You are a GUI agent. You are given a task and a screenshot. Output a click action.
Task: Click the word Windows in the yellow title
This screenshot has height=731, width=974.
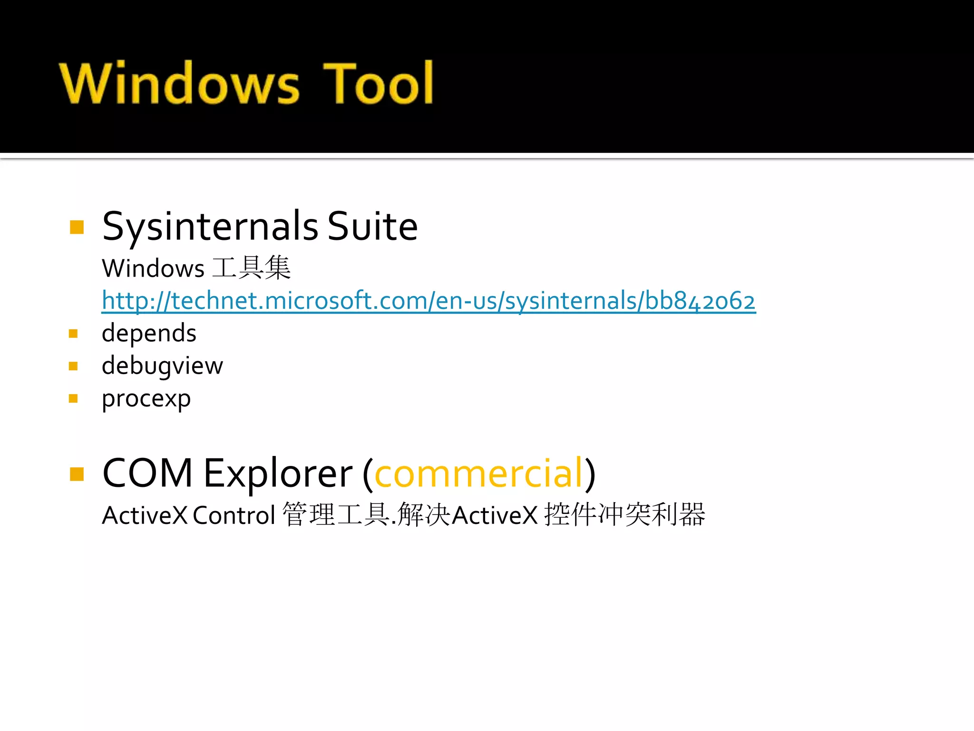tap(179, 83)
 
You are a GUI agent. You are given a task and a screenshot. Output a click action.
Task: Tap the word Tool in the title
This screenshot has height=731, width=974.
tap(378, 83)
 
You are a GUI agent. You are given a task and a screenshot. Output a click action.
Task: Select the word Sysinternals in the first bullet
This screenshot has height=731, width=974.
tap(210, 227)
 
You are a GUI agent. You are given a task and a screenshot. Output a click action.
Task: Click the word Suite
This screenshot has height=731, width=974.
tap(372, 227)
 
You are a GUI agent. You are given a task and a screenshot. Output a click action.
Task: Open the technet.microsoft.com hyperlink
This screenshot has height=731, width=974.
tap(428, 301)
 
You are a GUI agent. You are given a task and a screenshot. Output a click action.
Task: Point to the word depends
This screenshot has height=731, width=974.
tap(149, 333)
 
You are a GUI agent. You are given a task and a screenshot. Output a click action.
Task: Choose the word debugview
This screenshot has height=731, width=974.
tap(162, 366)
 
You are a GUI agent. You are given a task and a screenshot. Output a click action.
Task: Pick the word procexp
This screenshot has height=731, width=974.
tap(146, 399)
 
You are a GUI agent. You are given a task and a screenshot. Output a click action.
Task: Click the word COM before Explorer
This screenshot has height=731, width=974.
tap(147, 473)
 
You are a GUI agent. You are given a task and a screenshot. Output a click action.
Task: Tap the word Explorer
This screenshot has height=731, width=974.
tap(278, 473)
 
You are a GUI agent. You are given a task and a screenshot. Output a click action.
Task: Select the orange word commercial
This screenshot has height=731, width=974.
tap(478, 473)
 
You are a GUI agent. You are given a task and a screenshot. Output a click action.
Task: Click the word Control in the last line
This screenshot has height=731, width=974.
tap(234, 515)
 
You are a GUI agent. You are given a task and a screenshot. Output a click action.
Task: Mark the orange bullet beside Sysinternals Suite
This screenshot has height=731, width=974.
tap(77, 227)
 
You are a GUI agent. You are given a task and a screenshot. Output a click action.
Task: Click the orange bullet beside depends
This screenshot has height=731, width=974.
tap(73, 334)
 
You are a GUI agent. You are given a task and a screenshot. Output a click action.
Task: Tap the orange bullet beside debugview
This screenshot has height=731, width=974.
tap(73, 366)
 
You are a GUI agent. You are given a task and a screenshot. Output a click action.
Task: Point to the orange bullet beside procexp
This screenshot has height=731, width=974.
tap(73, 398)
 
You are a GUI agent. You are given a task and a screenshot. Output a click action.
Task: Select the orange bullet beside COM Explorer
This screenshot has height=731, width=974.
tap(77, 474)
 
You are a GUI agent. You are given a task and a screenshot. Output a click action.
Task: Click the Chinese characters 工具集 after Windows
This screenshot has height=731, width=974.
tap(251, 268)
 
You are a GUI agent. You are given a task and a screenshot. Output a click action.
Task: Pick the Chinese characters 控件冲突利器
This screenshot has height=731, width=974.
tap(624, 515)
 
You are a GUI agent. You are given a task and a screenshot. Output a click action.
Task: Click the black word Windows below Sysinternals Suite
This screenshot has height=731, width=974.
tap(153, 268)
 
